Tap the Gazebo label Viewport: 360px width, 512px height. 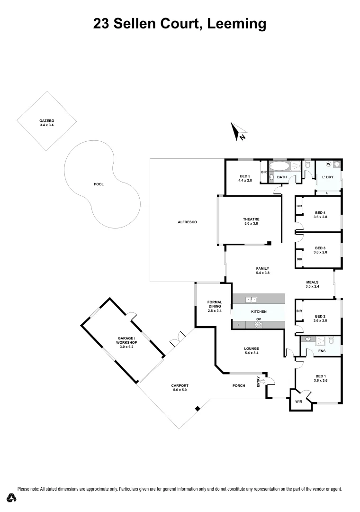pyautogui.click(x=46, y=121)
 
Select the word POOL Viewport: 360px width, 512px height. pyautogui.click(x=99, y=184)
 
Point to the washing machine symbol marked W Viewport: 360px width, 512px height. pyautogui.click(x=328, y=164)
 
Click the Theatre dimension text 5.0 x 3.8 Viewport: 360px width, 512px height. pyautogui.click(x=251, y=223)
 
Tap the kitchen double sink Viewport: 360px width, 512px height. pyautogui.click(x=251, y=300)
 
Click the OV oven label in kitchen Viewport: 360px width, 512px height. pyautogui.click(x=259, y=319)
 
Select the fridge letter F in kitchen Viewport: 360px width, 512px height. pyautogui.click(x=239, y=325)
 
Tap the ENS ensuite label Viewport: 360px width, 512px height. pyautogui.click(x=322, y=351)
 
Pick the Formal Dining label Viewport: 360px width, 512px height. pyautogui.click(x=215, y=304)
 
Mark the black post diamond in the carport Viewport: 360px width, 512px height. pyautogui.click(x=198, y=408)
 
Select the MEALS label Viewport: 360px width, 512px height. pyautogui.click(x=312, y=282)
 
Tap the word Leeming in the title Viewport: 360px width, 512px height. pyautogui.click(x=235, y=23)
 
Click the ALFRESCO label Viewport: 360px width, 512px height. pyautogui.click(x=187, y=222)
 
